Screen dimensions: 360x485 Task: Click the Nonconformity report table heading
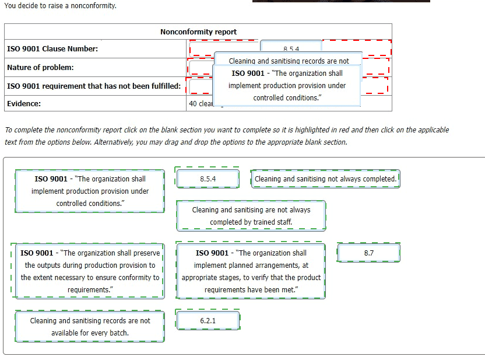point(198,32)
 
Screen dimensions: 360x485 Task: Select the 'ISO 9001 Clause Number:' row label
point(52,48)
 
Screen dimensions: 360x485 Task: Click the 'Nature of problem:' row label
point(40,67)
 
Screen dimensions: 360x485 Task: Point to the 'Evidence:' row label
point(24,103)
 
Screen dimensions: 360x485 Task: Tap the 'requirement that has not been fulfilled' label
point(93,86)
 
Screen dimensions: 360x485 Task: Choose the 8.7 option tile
point(368,253)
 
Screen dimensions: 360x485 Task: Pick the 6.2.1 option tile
point(208,321)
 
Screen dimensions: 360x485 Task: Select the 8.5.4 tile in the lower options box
point(208,179)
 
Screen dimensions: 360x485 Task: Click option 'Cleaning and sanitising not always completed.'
point(326,179)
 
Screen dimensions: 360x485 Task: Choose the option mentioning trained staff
point(251,215)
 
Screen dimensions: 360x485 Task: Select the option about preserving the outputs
point(90,271)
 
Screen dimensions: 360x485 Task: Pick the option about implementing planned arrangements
point(251,271)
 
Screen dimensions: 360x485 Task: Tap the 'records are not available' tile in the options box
point(90,327)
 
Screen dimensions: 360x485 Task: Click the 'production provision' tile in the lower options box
point(90,191)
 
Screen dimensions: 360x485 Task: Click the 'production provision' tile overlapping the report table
point(286,85)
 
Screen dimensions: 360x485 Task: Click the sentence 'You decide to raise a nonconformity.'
point(60,5)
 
